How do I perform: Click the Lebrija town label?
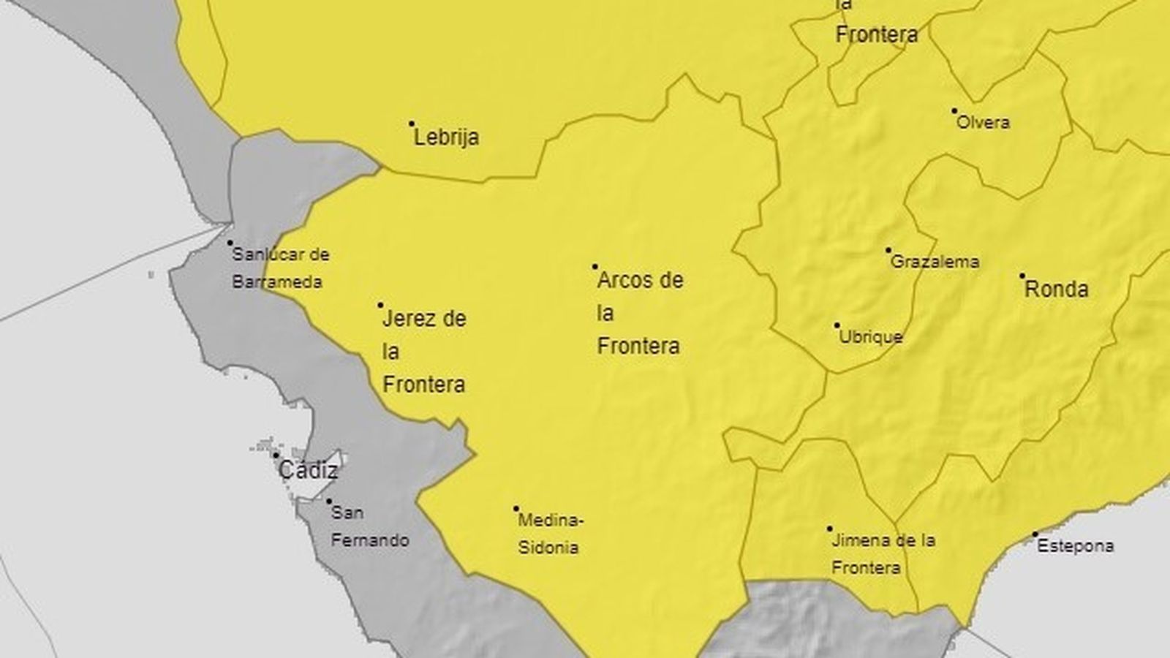446,137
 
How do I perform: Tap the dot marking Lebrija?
412,124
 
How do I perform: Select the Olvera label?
984,123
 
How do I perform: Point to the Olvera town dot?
954,111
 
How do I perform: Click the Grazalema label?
935,262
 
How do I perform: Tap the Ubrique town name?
870,338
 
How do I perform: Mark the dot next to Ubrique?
837,325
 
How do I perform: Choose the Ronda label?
1056,290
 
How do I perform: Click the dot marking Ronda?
1022,276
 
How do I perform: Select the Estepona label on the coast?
1075,546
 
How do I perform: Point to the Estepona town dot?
1035,534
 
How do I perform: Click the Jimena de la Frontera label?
883,554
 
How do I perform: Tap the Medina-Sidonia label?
550,534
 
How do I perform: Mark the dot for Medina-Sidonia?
516,509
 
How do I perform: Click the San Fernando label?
369,527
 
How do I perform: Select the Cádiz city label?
309,471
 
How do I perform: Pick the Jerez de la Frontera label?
424,352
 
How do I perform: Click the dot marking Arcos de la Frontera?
595,267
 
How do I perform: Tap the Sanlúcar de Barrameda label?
279,268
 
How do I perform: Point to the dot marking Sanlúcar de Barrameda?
230,243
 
